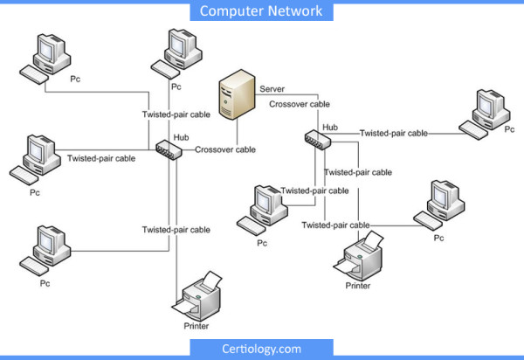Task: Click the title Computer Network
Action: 261,11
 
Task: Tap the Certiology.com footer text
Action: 261,349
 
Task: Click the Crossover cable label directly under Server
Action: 299,104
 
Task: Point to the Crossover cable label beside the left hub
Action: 225,150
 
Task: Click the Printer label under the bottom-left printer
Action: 196,326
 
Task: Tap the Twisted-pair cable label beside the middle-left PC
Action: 101,159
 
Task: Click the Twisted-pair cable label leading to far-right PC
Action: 394,134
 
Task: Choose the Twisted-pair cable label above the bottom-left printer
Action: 176,230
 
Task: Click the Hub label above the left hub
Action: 182,137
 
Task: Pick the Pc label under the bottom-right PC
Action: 439,238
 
